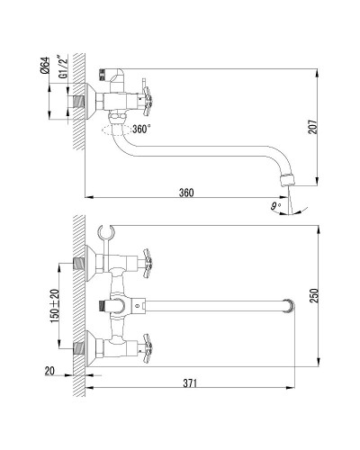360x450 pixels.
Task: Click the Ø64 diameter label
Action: pos(45,66)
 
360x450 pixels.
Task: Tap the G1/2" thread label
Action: pos(64,67)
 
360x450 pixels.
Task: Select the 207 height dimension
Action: pos(312,127)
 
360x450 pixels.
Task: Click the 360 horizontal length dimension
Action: pos(186,193)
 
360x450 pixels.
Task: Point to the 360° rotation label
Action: pos(141,129)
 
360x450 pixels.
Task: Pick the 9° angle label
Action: pos(275,206)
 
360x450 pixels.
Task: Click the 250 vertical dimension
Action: pos(313,295)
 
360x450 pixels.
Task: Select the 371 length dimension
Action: pos(190,383)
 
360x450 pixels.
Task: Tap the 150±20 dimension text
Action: pos(55,306)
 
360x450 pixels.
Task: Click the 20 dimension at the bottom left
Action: pos(49,371)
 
